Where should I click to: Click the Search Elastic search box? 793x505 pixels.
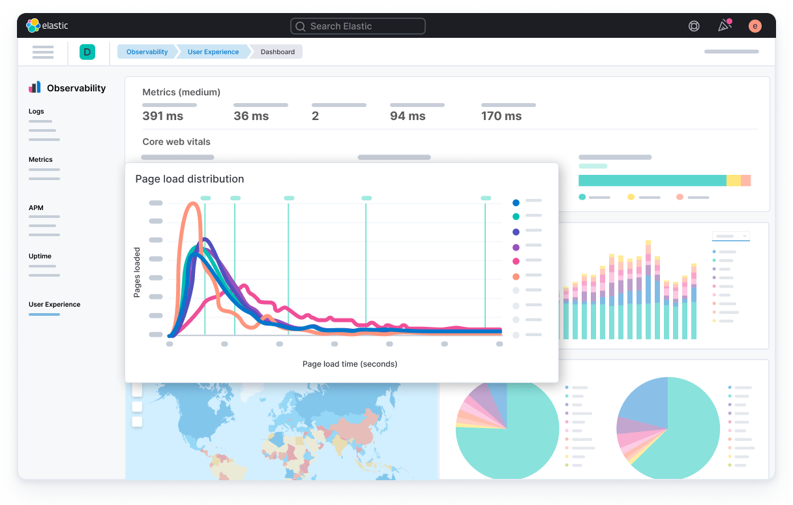[357, 26]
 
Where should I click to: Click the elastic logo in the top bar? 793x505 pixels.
[47, 26]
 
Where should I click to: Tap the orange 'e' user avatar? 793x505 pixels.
[755, 26]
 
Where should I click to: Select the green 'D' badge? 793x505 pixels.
[87, 52]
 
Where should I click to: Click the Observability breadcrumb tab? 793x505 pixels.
[147, 52]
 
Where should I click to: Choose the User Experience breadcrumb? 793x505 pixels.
[213, 52]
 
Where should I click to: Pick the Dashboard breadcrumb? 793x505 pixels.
[278, 52]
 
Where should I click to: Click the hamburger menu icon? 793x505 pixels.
[43, 52]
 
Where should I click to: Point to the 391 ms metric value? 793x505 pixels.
[162, 116]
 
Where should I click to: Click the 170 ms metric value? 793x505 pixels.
[501, 116]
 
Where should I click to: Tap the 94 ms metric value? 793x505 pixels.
[408, 116]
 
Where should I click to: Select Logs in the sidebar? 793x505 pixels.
[37, 112]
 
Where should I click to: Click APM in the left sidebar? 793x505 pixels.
[36, 208]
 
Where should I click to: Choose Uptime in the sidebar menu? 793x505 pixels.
[40, 256]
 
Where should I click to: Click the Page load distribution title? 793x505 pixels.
[190, 179]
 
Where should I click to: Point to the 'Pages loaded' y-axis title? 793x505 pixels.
[137, 273]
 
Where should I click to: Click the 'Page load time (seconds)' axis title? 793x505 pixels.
[350, 363]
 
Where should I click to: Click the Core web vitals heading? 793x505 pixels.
[176, 142]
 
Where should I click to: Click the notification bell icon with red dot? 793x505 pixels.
[724, 26]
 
